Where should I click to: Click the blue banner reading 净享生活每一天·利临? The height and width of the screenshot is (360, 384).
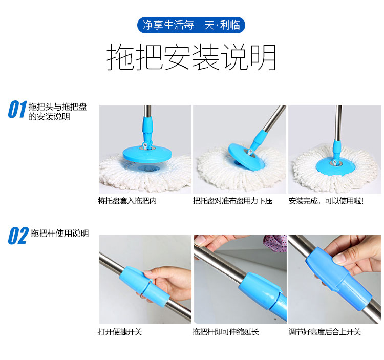click(191, 25)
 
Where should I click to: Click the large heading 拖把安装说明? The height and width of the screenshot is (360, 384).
click(191, 57)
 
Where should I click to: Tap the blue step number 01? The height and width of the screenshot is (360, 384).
click(17, 110)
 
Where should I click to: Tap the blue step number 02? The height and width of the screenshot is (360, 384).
click(18, 236)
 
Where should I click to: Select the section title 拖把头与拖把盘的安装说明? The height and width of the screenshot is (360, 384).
click(57, 112)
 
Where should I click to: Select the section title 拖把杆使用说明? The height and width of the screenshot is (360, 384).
click(59, 234)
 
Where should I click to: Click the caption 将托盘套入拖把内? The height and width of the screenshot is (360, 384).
click(127, 201)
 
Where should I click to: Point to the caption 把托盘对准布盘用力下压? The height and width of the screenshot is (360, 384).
click(232, 201)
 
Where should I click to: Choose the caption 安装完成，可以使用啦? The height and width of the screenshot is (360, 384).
click(326, 201)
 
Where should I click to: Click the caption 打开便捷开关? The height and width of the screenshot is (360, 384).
click(120, 332)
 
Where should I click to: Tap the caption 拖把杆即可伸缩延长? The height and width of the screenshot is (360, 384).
click(226, 332)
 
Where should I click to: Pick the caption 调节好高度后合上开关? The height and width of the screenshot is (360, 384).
click(325, 332)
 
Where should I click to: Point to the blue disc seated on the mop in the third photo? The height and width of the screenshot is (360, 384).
click(335, 166)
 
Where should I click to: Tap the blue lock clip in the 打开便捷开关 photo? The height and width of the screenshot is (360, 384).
click(144, 284)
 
